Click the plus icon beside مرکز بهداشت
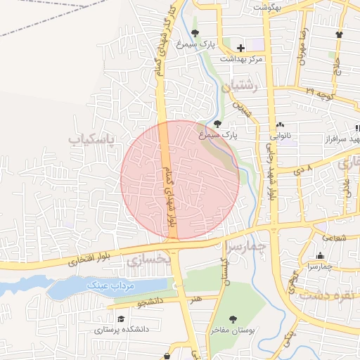coord(241,48)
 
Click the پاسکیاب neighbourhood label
coord(91,140)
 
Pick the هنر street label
coord(194,300)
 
